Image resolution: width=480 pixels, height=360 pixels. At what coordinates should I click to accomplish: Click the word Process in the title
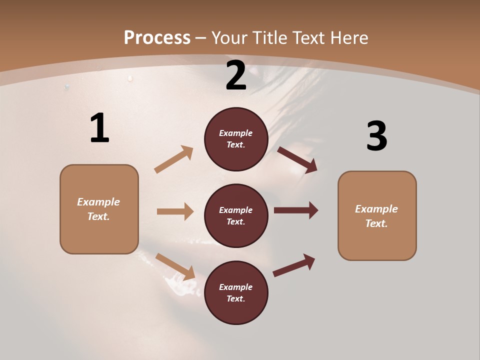pyautogui.click(x=157, y=37)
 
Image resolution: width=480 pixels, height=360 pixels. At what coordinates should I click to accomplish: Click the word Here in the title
pyautogui.click(x=346, y=37)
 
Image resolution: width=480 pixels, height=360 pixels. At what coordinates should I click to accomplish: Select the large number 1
pyautogui.click(x=99, y=128)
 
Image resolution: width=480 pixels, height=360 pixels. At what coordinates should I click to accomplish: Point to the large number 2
pyautogui.click(x=236, y=75)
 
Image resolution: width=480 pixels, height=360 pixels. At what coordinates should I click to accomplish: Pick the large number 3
pyautogui.click(x=376, y=136)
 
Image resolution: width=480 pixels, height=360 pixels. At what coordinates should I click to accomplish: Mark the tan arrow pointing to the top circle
pyautogui.click(x=174, y=159)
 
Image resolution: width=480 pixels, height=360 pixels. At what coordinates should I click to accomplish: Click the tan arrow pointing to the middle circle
pyautogui.click(x=175, y=211)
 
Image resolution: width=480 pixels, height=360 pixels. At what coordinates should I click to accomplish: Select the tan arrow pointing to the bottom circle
pyautogui.click(x=175, y=266)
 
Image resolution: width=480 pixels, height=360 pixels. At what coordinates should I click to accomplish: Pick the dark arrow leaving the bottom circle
pyautogui.click(x=294, y=265)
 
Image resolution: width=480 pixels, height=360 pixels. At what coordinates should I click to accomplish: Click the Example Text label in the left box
pyautogui.click(x=98, y=209)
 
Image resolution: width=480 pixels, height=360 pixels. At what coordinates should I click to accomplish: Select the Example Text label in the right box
pyautogui.click(x=376, y=216)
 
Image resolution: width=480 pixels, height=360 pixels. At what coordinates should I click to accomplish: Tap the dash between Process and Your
pyautogui.click(x=201, y=38)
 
